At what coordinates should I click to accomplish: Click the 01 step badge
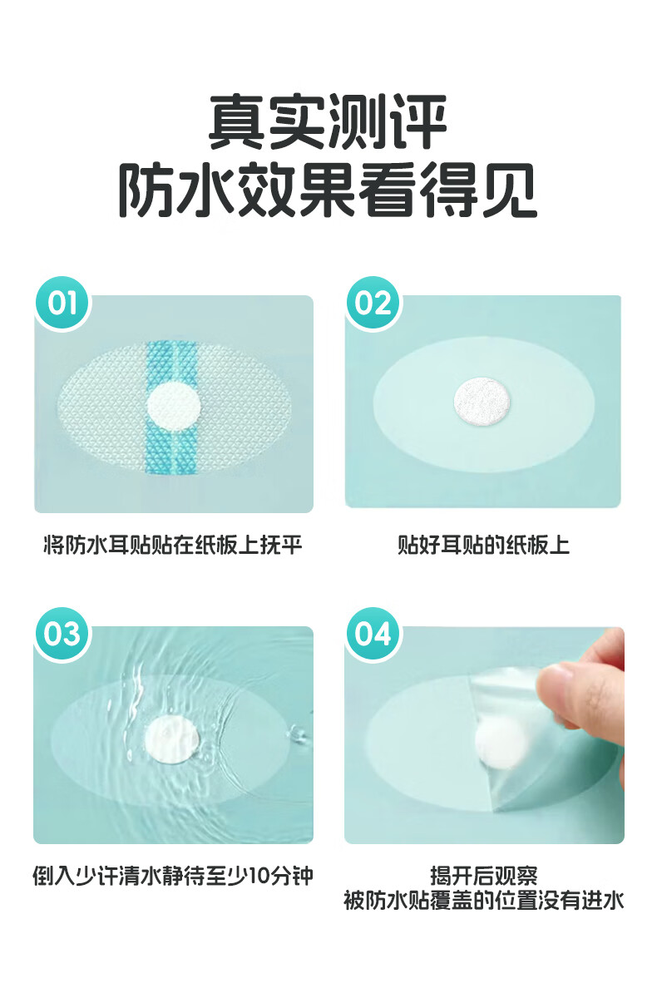(x=62, y=303)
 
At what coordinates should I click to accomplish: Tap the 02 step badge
(x=373, y=303)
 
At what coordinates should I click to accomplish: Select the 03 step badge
(x=62, y=633)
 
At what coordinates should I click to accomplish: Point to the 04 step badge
(x=373, y=633)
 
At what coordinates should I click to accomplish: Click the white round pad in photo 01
(x=174, y=407)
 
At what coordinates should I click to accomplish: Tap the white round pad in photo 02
(x=482, y=401)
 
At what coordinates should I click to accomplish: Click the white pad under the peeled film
(x=500, y=743)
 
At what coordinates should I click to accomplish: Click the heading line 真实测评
(x=328, y=121)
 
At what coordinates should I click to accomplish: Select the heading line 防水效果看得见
(x=328, y=190)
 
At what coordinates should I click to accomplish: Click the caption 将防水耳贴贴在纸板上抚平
(x=173, y=545)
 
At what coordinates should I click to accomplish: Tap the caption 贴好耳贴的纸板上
(x=484, y=545)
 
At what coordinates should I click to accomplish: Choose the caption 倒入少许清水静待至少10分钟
(x=173, y=876)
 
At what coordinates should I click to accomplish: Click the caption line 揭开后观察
(x=484, y=875)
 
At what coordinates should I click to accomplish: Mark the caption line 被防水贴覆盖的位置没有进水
(x=484, y=900)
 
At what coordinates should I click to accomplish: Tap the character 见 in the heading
(x=507, y=190)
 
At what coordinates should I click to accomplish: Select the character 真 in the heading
(x=237, y=121)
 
